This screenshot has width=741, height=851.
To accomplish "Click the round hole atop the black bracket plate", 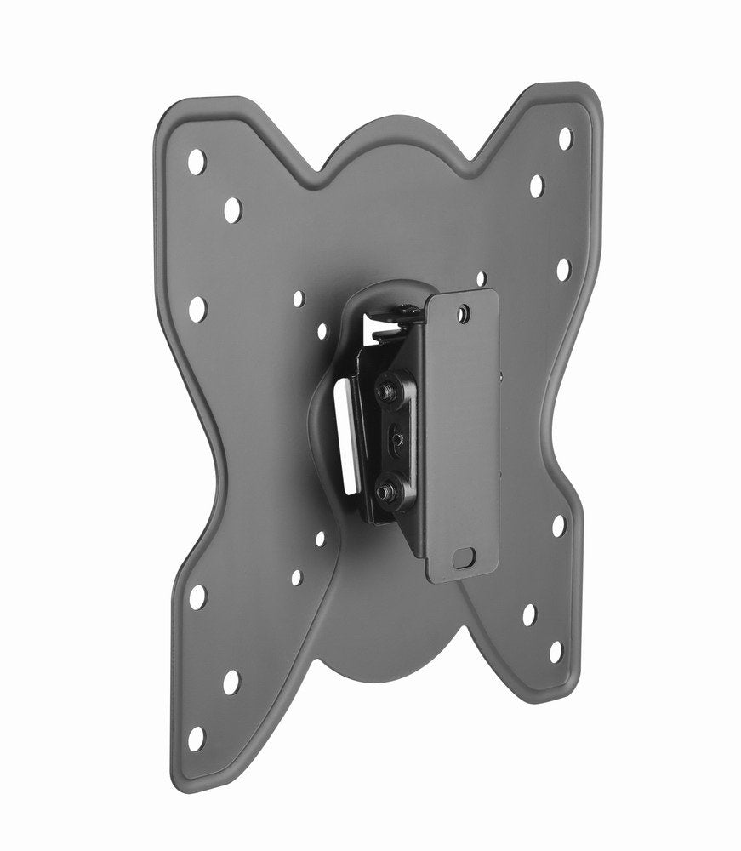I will [x=462, y=314].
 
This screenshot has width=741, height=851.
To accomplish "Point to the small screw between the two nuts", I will [x=395, y=441].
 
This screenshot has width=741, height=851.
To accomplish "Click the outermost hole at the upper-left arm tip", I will [x=197, y=159].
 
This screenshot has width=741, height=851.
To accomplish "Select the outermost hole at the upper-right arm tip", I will [x=565, y=138].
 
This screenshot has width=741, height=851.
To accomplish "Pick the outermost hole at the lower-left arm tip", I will [x=197, y=737].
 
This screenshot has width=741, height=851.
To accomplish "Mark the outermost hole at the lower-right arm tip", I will [x=556, y=652].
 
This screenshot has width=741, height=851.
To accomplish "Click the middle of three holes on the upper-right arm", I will [x=537, y=186].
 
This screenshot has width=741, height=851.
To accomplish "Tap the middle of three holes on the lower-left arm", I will [x=231, y=681].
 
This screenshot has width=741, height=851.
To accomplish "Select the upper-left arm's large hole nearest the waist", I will [x=197, y=308].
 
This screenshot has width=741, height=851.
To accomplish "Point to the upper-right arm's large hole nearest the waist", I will [x=563, y=269].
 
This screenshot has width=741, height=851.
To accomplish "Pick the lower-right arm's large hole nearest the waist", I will [x=558, y=525].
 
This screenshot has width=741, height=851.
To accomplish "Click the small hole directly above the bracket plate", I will [x=481, y=278].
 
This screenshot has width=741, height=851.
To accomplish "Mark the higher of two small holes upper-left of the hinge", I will [x=299, y=300].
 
